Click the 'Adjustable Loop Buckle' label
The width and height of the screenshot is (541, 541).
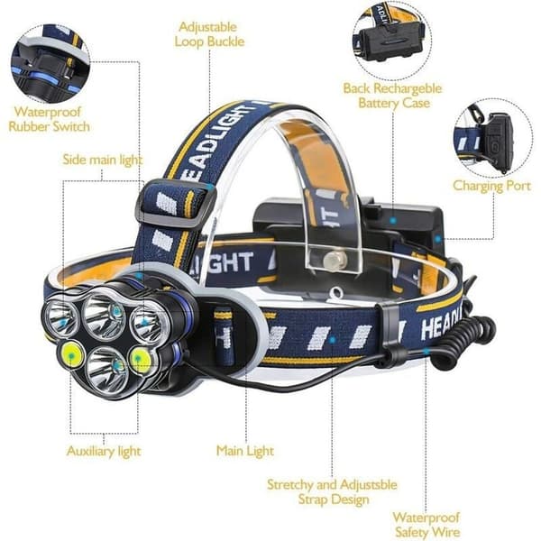(x=209, y=34)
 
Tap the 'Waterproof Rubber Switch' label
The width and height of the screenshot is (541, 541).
(x=49, y=119)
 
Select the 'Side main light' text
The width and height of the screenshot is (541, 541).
(x=103, y=160)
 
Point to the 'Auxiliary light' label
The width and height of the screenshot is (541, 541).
(x=104, y=452)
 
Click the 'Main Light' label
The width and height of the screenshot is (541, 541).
(x=245, y=451)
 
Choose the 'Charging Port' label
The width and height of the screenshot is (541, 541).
(x=492, y=186)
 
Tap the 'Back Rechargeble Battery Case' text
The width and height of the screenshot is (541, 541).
(x=392, y=96)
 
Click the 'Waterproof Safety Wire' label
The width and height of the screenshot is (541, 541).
(x=426, y=525)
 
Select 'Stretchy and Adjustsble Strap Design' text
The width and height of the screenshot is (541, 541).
(x=332, y=491)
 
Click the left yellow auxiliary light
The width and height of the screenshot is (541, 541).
(x=71, y=354)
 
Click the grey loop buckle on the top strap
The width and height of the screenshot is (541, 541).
(x=176, y=205)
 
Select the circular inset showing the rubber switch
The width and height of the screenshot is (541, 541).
(x=50, y=64)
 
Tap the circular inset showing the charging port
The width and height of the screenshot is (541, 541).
(x=492, y=138)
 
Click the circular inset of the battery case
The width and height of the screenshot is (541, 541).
(x=392, y=41)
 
